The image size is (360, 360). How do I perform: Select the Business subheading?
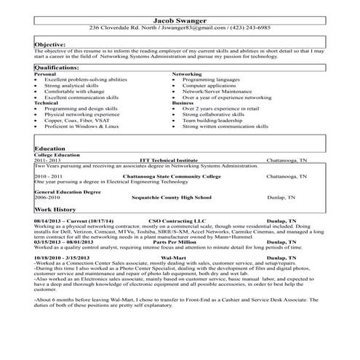coord(183,103)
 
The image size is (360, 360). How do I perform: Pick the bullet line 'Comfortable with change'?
coord(74,91)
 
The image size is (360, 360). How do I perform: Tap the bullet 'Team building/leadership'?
coord(212,120)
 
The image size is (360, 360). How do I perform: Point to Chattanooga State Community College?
coord(177,176)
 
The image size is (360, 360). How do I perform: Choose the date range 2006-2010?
coord(47,197)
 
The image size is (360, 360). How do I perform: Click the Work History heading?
coord(56,209)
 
